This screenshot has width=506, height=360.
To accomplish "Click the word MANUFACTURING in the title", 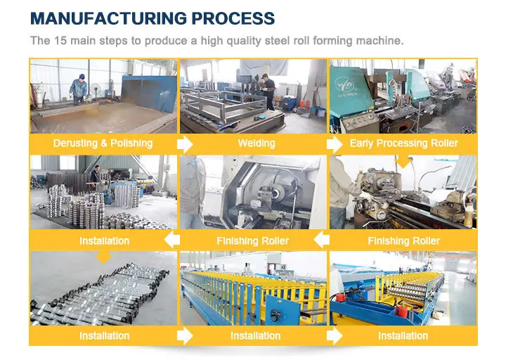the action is click(x=108, y=18).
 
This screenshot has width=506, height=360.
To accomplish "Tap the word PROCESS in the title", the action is click(x=233, y=18).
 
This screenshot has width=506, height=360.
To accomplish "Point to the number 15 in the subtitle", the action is click(x=60, y=41).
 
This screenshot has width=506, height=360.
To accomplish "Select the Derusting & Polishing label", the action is click(x=103, y=143).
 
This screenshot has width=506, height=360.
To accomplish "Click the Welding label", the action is click(x=257, y=143).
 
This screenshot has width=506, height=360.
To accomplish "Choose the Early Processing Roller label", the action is click(x=403, y=143).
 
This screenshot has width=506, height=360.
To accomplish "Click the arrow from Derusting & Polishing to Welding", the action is click(x=185, y=144).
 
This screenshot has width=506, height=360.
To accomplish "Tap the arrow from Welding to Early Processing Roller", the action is click(x=335, y=144).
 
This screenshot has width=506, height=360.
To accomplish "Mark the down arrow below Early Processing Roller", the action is click(x=403, y=162).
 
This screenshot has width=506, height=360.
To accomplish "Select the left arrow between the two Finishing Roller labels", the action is click(x=321, y=240).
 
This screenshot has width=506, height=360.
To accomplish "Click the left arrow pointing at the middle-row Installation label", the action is click(x=172, y=240).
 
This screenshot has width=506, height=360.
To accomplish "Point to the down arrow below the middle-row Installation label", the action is click(x=104, y=257).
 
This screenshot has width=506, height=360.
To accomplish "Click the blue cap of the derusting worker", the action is click(x=82, y=77).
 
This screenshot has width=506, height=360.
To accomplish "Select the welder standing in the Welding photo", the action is click(x=268, y=91).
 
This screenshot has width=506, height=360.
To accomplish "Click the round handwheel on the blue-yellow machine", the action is click(x=275, y=314).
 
